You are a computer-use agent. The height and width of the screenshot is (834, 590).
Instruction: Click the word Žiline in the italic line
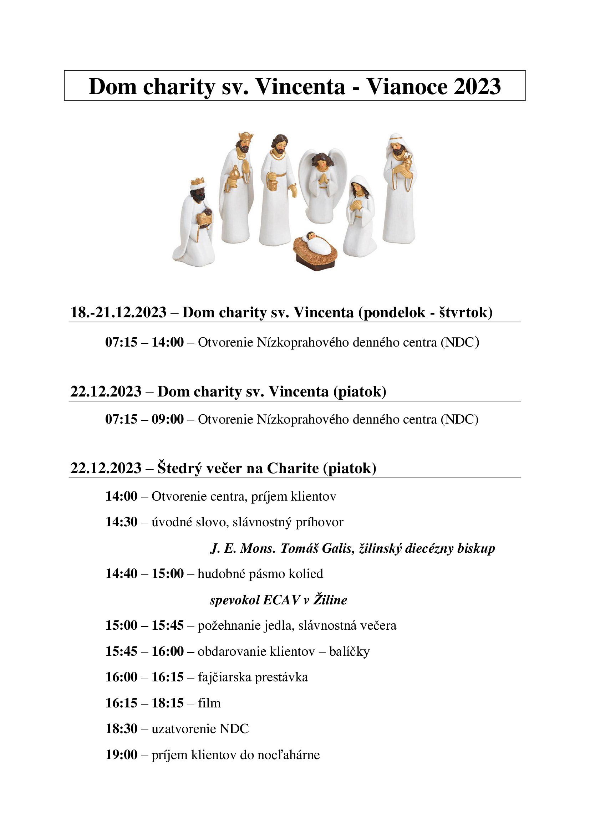[x=330, y=600]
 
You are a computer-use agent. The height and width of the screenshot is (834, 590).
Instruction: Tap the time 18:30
[x=121, y=729]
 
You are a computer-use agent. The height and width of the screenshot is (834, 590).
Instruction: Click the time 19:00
[x=121, y=755]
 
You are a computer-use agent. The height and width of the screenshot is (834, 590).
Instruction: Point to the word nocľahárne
[x=289, y=755]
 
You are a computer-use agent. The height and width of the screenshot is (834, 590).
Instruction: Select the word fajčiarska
[x=224, y=677]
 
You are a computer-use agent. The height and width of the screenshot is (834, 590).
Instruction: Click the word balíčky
[x=349, y=652]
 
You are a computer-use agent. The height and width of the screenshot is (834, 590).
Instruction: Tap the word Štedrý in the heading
[x=179, y=469]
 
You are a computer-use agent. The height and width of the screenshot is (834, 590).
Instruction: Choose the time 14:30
[x=121, y=522]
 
